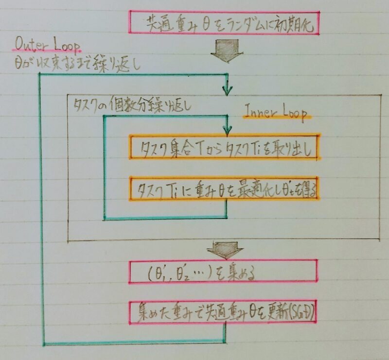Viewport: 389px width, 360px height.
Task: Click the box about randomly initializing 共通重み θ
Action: (224, 23)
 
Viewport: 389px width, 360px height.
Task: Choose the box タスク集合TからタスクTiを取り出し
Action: (224, 147)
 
